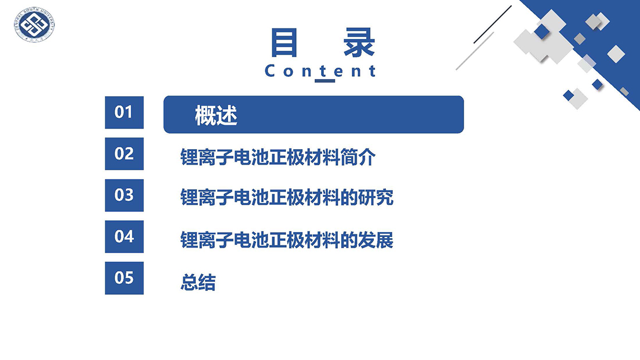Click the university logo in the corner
(x=35, y=24)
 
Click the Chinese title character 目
(x=284, y=42)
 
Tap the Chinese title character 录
(x=359, y=42)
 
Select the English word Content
(x=321, y=71)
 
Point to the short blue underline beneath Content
(x=325, y=81)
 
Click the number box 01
(x=124, y=112)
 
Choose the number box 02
(x=124, y=154)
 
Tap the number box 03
(x=124, y=195)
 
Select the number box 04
(x=124, y=236)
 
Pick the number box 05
(x=124, y=278)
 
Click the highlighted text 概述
(x=216, y=115)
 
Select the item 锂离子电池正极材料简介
(x=278, y=157)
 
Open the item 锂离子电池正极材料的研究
(x=287, y=198)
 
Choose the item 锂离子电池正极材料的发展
(x=287, y=240)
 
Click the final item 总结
(x=198, y=282)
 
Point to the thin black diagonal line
(x=493, y=24)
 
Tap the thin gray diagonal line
(x=475, y=51)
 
